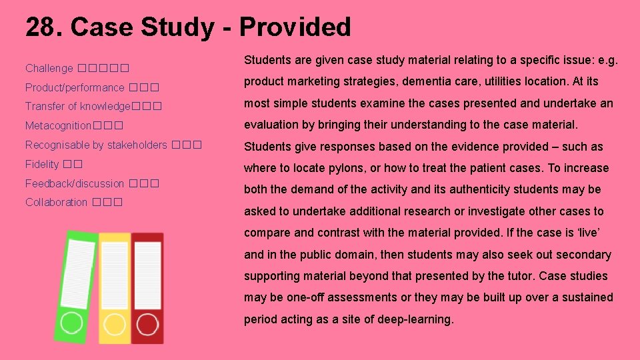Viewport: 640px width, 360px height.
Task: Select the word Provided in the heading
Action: pyautogui.click(x=295, y=27)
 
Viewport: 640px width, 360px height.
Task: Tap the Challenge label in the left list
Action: pyautogui.click(x=49, y=68)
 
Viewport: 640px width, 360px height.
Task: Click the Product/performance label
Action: pyautogui.click(x=75, y=87)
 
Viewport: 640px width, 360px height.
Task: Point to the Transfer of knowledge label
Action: pyautogui.click(x=78, y=106)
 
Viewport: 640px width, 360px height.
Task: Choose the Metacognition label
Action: pyautogui.click(x=58, y=125)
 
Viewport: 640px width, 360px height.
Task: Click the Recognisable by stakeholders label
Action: pyautogui.click(x=96, y=145)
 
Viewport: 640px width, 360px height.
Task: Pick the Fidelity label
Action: pyautogui.click(x=42, y=164)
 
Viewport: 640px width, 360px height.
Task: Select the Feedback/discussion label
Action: pyautogui.click(x=75, y=183)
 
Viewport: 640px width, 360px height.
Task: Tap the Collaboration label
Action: pyautogui.click(x=56, y=202)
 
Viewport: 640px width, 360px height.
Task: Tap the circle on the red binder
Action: pyautogui.click(x=147, y=324)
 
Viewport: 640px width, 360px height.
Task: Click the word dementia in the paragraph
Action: pyautogui.click(x=425, y=81)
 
